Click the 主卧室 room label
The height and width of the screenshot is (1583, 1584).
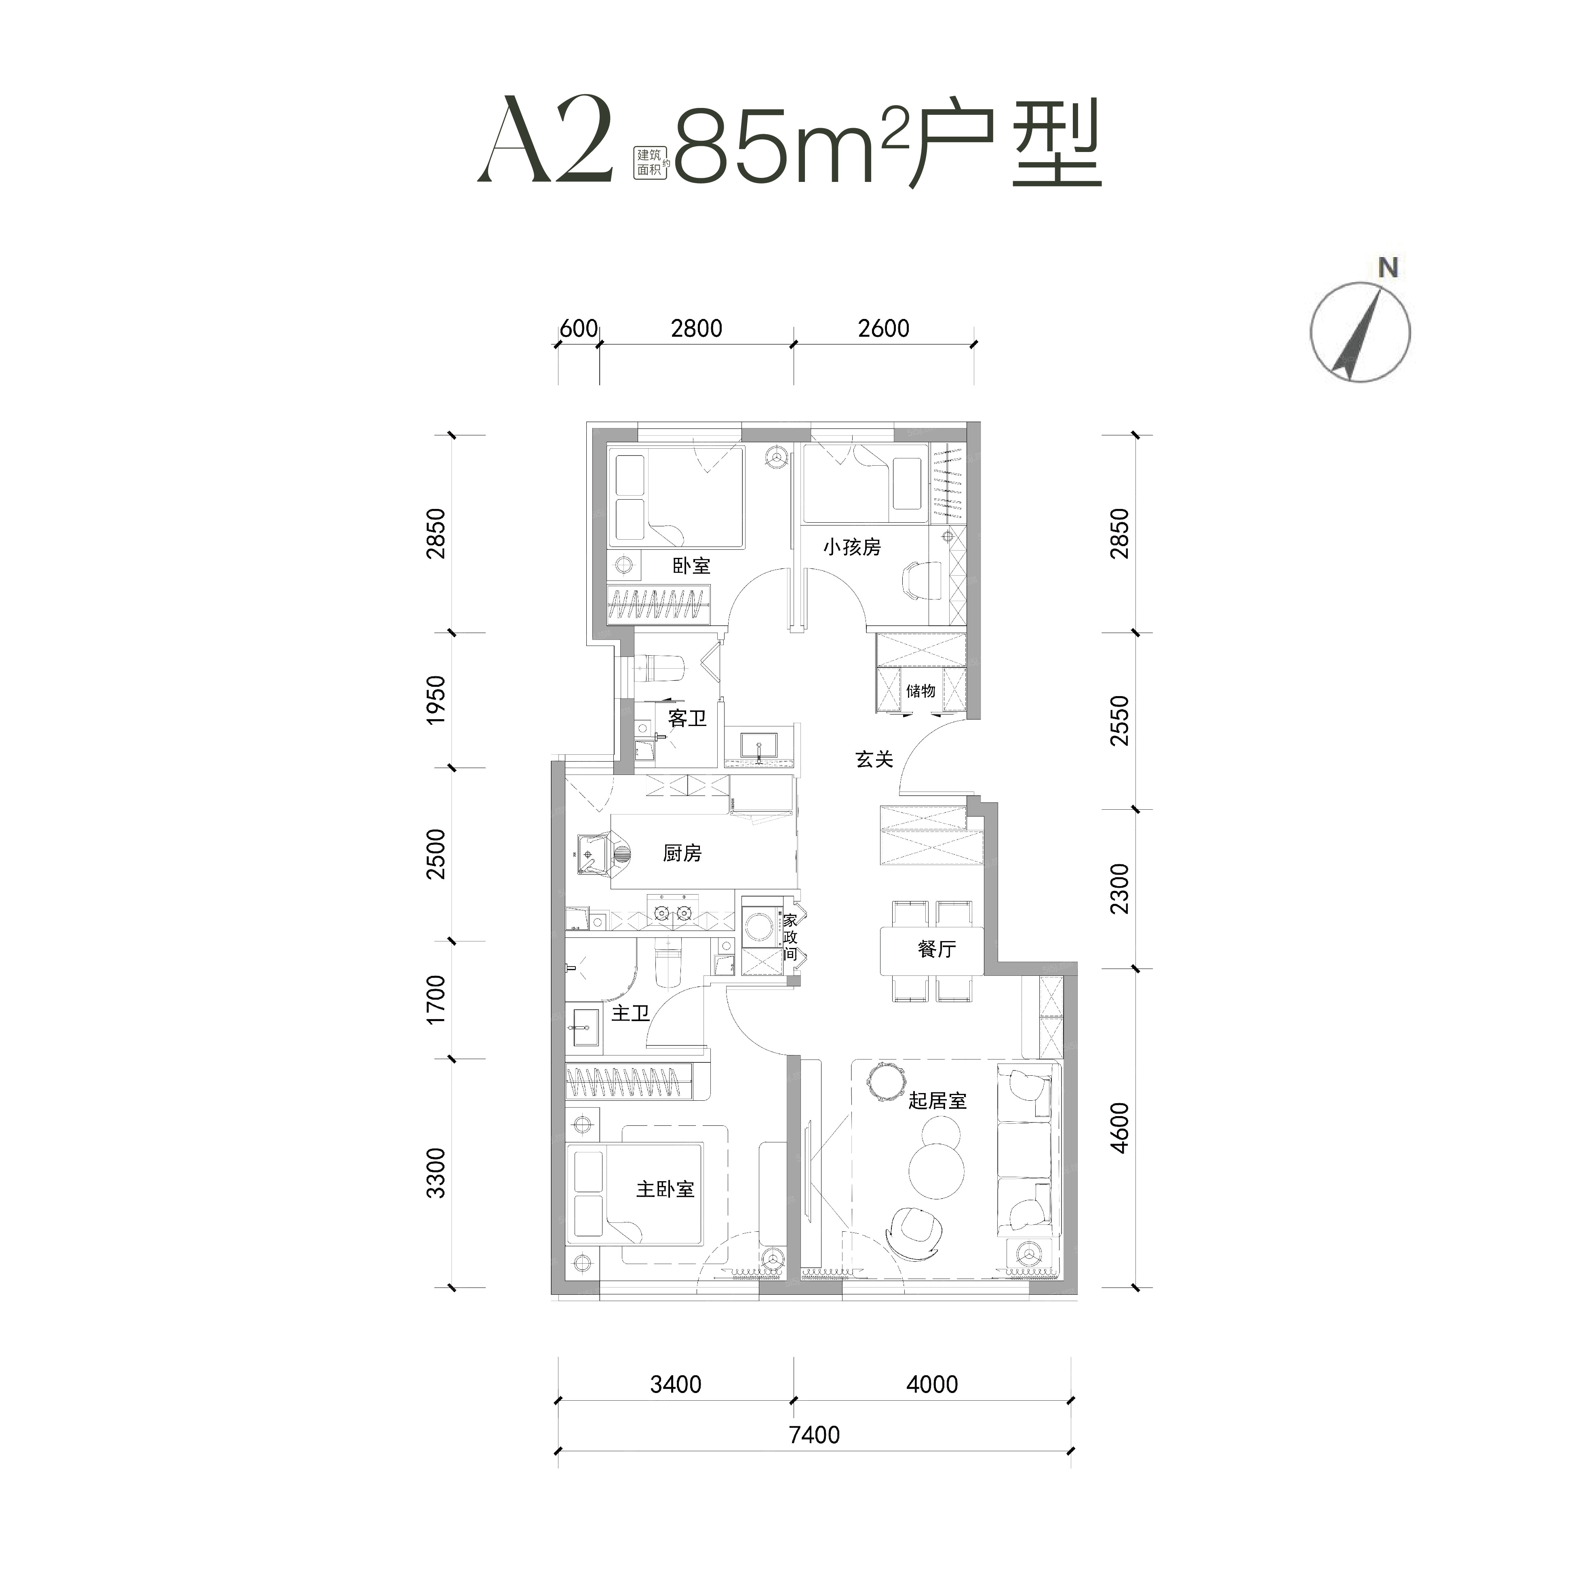665,1189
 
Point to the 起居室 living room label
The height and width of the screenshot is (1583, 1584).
937,1101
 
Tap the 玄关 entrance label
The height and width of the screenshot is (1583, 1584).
874,760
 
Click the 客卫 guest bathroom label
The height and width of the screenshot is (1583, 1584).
687,718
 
